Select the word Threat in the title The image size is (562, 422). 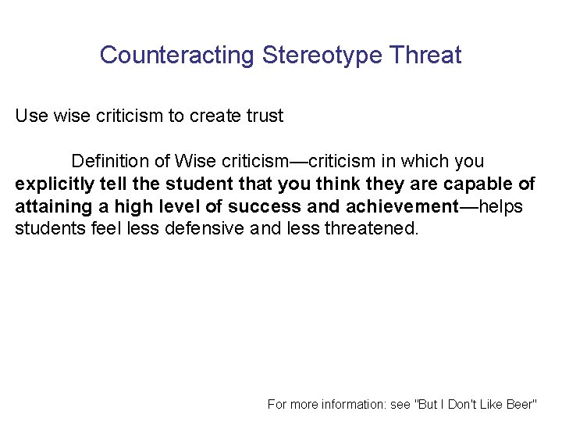pos(427,55)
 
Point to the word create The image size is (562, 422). pos(212,116)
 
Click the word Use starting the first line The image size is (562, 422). pos(32,116)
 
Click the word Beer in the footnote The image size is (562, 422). pos(519,404)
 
